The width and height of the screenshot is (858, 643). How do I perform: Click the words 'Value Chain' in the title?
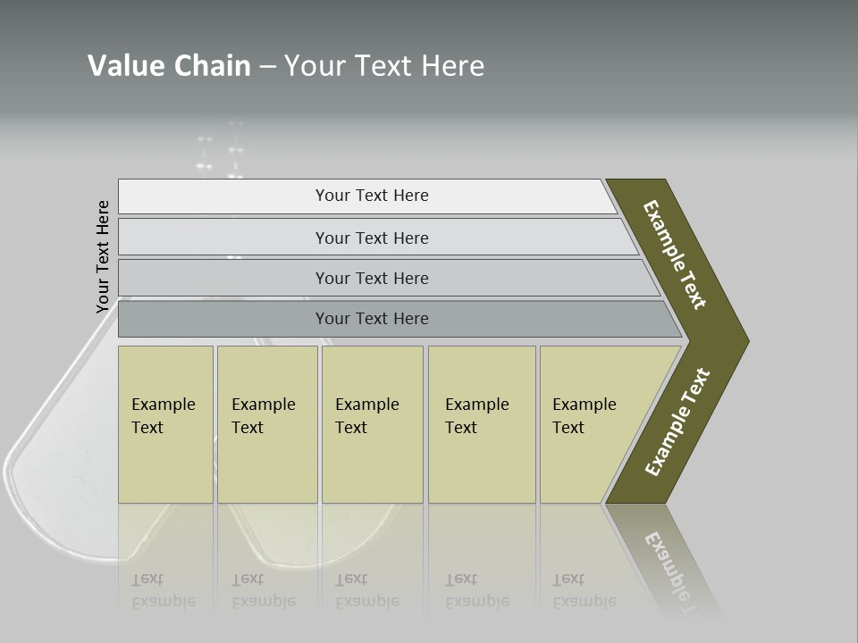(169, 66)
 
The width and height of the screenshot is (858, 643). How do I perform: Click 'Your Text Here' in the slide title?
(384, 66)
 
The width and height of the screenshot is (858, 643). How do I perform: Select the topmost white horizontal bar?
(223, 196)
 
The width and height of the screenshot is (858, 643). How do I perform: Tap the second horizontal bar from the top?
(223, 238)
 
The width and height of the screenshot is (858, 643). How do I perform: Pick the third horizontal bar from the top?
(223, 278)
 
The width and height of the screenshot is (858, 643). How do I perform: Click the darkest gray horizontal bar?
(223, 319)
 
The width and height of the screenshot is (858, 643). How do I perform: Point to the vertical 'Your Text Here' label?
(103, 257)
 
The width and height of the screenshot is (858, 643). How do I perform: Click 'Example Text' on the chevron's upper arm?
(675, 255)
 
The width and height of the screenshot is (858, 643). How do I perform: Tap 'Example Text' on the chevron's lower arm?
(677, 422)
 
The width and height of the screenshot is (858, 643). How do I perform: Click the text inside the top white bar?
(372, 196)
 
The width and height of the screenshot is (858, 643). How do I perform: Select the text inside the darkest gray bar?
(372, 319)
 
